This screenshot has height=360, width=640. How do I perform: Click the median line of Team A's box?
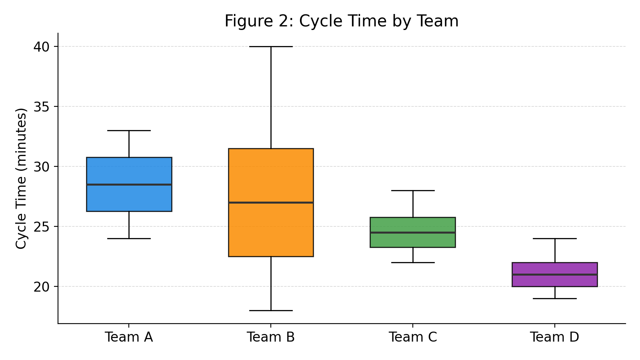[x=129, y=184]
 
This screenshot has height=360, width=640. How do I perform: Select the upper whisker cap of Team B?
[x=271, y=46]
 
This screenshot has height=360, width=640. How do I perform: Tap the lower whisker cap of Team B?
[x=271, y=310]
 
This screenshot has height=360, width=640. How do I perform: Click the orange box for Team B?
[x=271, y=232]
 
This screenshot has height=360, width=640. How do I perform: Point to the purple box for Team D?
[x=555, y=281]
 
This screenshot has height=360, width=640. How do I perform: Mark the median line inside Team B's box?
[x=271, y=202]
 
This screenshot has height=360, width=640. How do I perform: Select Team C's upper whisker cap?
[x=413, y=190]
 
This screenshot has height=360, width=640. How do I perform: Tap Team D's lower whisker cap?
[x=555, y=298]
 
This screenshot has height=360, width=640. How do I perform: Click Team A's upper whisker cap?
[x=129, y=130]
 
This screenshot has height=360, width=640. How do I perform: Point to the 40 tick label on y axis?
[x=41, y=47]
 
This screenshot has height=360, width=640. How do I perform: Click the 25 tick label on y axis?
[x=41, y=227]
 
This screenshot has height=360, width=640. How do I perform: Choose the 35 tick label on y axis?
[x=41, y=107]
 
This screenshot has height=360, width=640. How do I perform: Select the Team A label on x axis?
[x=129, y=337]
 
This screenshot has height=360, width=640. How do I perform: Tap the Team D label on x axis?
[x=554, y=337]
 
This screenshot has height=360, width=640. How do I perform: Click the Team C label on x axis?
[x=413, y=337]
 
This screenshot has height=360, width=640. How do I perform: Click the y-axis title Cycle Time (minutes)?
[x=21, y=178]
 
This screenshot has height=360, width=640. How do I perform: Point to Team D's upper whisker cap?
[x=555, y=238]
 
